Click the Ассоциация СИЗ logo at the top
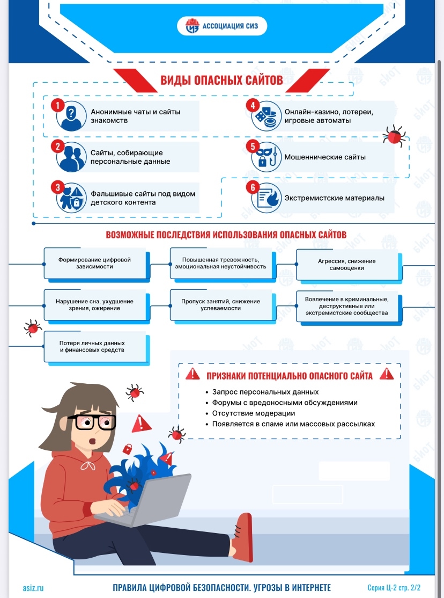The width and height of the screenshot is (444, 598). pos(222,26)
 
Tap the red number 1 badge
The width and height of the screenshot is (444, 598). pos(57,105)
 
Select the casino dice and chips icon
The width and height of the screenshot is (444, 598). pos(267,116)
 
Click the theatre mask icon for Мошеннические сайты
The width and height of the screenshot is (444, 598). pos(267,157)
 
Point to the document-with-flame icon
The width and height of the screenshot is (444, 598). pos(267,198)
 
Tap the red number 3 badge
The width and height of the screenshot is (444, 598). pos(57,187)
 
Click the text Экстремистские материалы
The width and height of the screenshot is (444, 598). pos(334,198)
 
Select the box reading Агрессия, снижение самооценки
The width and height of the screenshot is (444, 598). pos(347,265)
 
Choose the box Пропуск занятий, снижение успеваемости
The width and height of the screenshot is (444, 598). pos(221,305)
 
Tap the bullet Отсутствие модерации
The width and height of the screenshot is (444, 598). pos(254,413)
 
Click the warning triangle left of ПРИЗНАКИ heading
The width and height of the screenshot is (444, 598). pos(193,374)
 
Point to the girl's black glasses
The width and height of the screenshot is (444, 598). pos(92,422)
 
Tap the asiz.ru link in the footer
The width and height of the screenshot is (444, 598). pos(33,588)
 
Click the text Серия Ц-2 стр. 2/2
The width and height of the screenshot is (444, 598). pos(394,588)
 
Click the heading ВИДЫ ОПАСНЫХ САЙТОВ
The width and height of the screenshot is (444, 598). pos(221,80)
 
